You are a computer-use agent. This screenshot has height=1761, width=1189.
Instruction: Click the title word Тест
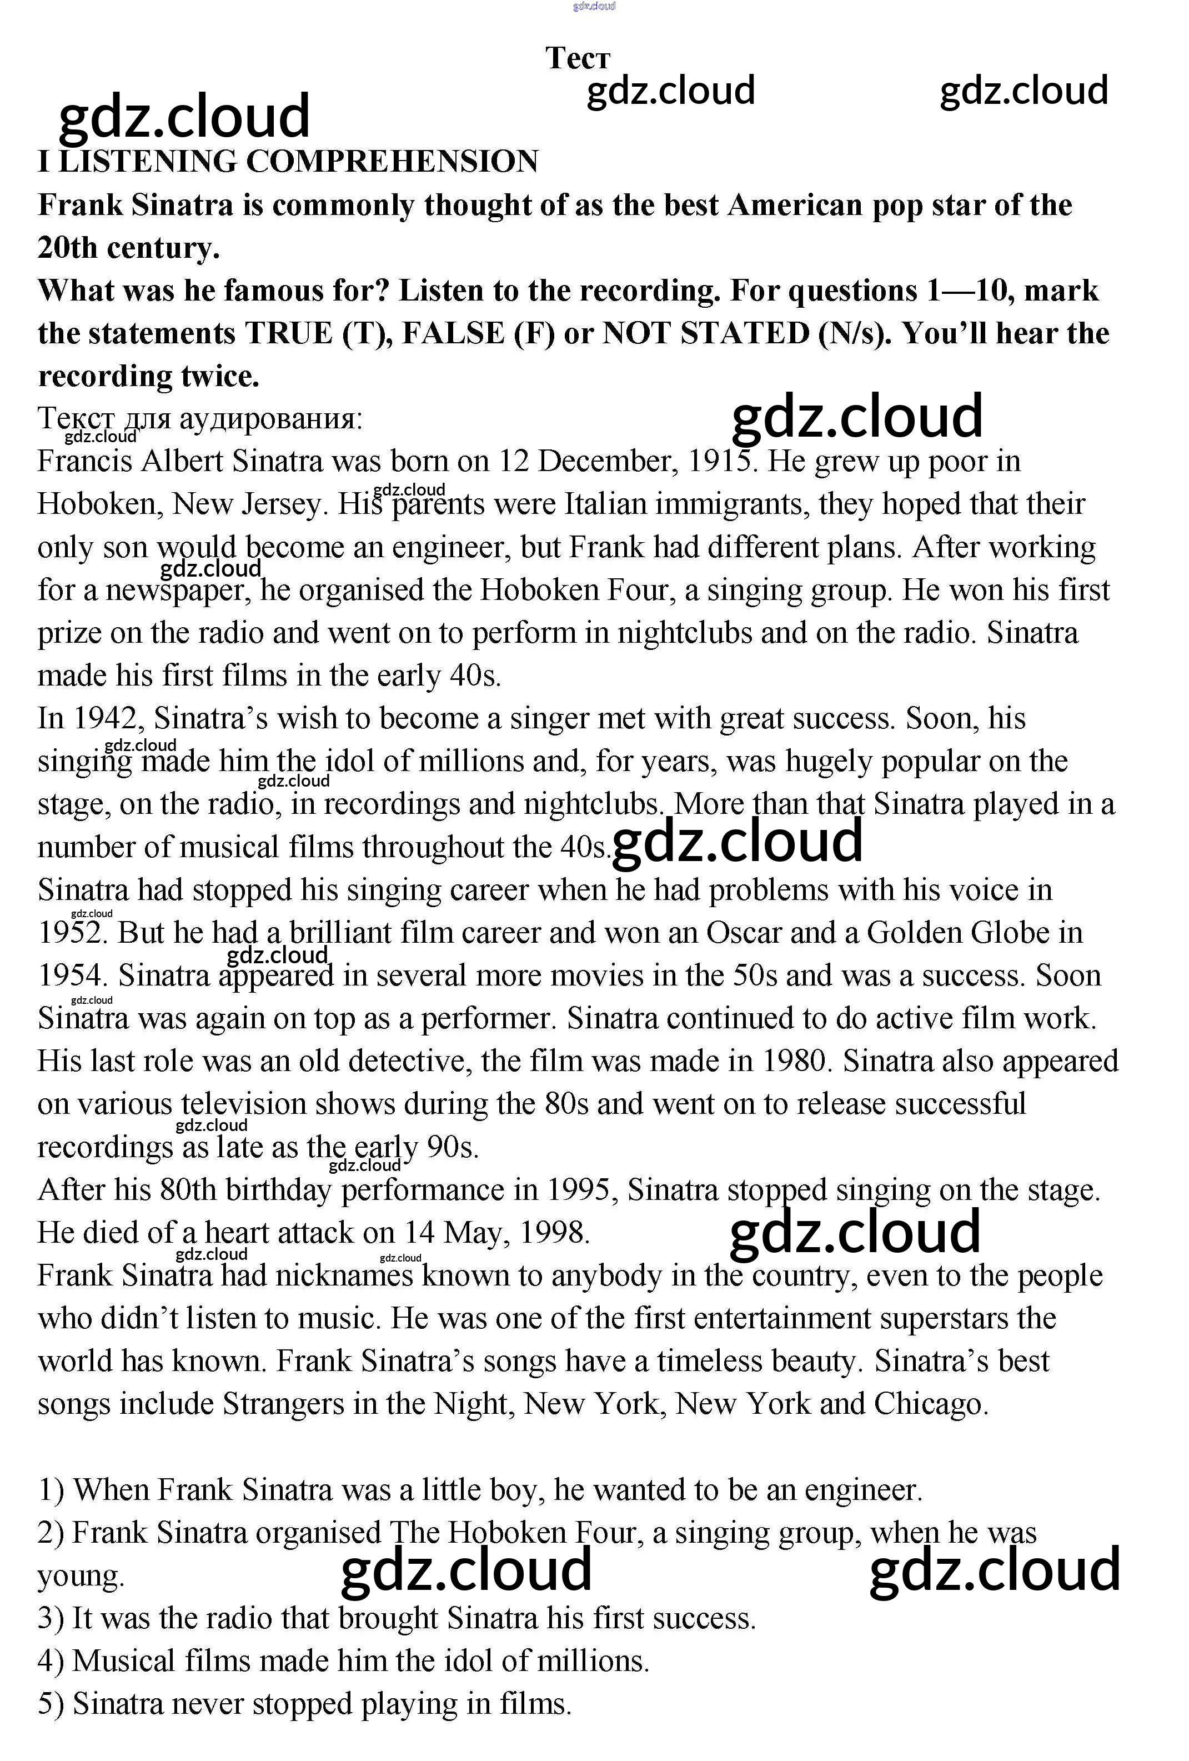tap(577, 58)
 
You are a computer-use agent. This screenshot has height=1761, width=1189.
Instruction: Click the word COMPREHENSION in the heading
tap(392, 162)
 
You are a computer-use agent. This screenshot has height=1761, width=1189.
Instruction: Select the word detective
tap(406, 1061)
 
